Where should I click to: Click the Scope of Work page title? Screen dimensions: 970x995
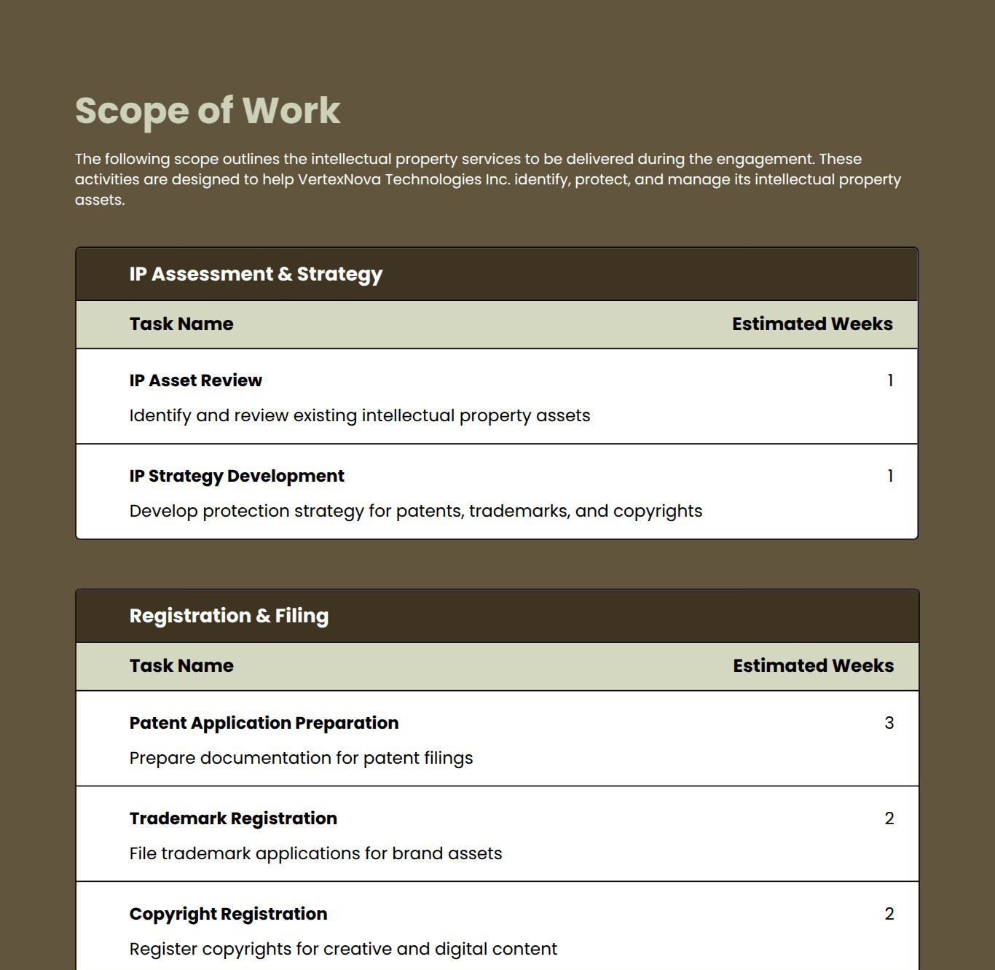[208, 111]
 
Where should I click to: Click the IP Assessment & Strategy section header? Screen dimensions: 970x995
[256, 274]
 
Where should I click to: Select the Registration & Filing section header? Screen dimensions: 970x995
[229, 616]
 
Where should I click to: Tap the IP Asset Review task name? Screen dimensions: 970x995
[195, 380]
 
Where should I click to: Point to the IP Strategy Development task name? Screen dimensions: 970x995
[237, 476]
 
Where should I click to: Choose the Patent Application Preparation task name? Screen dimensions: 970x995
[264, 723]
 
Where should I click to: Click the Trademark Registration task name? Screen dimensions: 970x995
[233, 818]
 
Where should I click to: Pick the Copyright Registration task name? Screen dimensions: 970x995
[228, 914]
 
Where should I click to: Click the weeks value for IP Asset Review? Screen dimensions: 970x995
[890, 380]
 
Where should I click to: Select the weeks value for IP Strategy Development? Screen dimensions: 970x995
[890, 476]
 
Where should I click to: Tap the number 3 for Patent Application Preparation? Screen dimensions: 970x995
[889, 723]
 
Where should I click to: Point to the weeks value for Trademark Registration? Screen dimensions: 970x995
[889, 818]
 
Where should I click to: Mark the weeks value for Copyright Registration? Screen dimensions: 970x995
[889, 914]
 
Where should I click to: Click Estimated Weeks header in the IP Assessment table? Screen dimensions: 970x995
[812, 324]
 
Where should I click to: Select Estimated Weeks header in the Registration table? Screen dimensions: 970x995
[813, 666]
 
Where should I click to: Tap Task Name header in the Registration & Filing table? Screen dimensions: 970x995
[181, 666]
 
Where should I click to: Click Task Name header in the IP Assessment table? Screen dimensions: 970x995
[181, 324]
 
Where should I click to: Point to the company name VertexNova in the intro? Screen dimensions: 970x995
[339, 179]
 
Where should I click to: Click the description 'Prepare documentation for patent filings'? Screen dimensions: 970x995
[301, 758]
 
